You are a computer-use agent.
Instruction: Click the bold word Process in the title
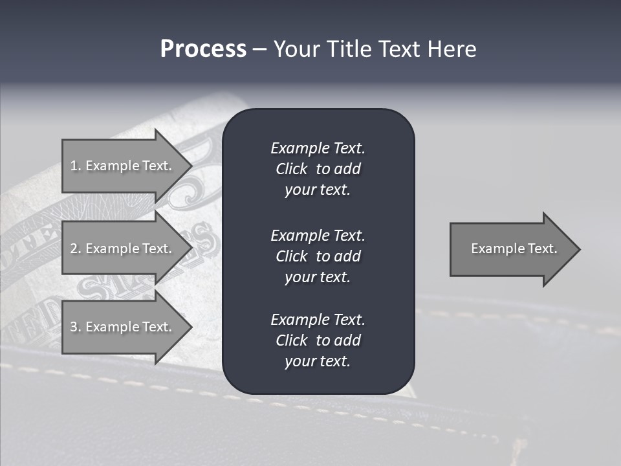pos(203,49)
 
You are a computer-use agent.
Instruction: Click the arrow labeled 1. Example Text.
pos(121,166)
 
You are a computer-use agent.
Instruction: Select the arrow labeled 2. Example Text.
pos(121,249)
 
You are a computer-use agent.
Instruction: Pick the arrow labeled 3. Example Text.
pos(121,327)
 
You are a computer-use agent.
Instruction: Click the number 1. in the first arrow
pos(76,166)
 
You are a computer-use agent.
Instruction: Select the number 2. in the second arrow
pos(76,249)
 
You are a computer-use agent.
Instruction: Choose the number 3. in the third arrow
pos(76,327)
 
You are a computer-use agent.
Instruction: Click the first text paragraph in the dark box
pos(318,169)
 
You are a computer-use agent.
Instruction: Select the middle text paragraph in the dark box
pos(318,256)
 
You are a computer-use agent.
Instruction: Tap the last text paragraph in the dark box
pos(318,340)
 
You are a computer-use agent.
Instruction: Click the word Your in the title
pos(296,49)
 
